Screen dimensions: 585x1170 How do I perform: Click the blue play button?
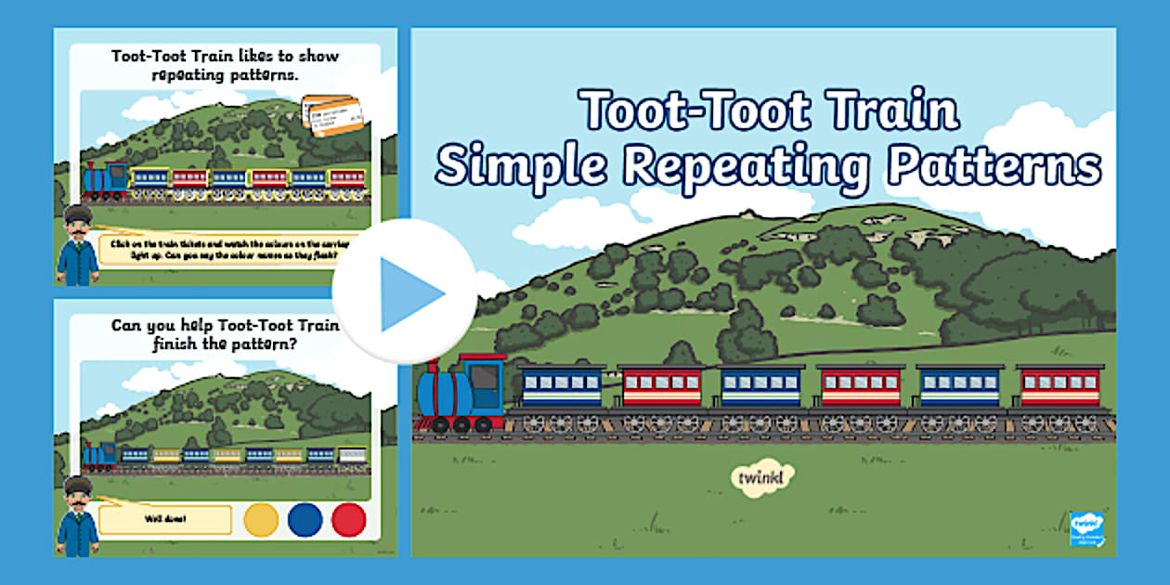point(406,292)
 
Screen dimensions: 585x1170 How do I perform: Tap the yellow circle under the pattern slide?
point(261,520)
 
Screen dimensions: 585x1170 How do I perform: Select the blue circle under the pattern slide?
point(305,520)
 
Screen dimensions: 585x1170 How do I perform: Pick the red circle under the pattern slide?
point(349,520)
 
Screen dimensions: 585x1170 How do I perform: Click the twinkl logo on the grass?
point(762,477)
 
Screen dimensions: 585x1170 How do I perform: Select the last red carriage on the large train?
point(1059,387)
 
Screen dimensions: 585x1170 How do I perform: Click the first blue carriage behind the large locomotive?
point(561,387)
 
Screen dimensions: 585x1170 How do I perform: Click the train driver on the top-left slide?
point(76,246)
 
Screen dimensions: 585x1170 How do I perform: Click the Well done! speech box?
point(164,519)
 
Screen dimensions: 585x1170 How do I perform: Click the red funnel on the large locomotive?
point(435,358)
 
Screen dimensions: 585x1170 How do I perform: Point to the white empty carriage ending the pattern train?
point(351,455)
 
